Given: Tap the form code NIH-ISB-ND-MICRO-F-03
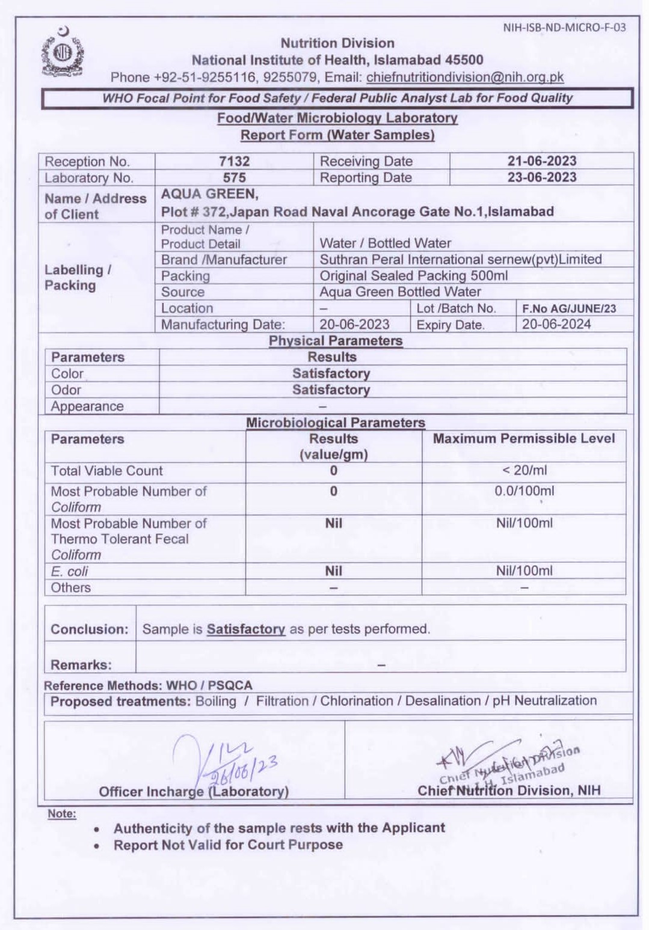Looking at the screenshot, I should (x=564, y=27).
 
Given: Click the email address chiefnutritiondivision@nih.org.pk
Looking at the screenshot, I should (x=464, y=77).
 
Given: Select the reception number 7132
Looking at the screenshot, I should (x=234, y=161).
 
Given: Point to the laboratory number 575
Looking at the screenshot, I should (x=234, y=177).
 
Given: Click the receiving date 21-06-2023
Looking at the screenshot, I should (x=541, y=161).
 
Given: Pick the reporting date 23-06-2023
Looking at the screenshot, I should (x=541, y=177).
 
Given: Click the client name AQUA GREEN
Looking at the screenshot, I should (x=209, y=194).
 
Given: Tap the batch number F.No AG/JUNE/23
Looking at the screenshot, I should (x=568, y=308).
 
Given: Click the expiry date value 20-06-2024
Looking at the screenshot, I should (x=556, y=325).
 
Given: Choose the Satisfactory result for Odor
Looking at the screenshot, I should (x=331, y=390).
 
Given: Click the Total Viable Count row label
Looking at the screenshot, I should (x=106, y=471).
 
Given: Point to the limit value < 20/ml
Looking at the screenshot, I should (x=524, y=471).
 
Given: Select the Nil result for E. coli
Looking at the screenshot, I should (x=333, y=571).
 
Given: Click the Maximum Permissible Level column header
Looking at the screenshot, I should (x=524, y=439).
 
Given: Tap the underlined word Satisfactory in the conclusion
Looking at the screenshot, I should (x=245, y=629).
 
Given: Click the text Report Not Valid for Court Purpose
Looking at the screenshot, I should (x=228, y=845).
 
